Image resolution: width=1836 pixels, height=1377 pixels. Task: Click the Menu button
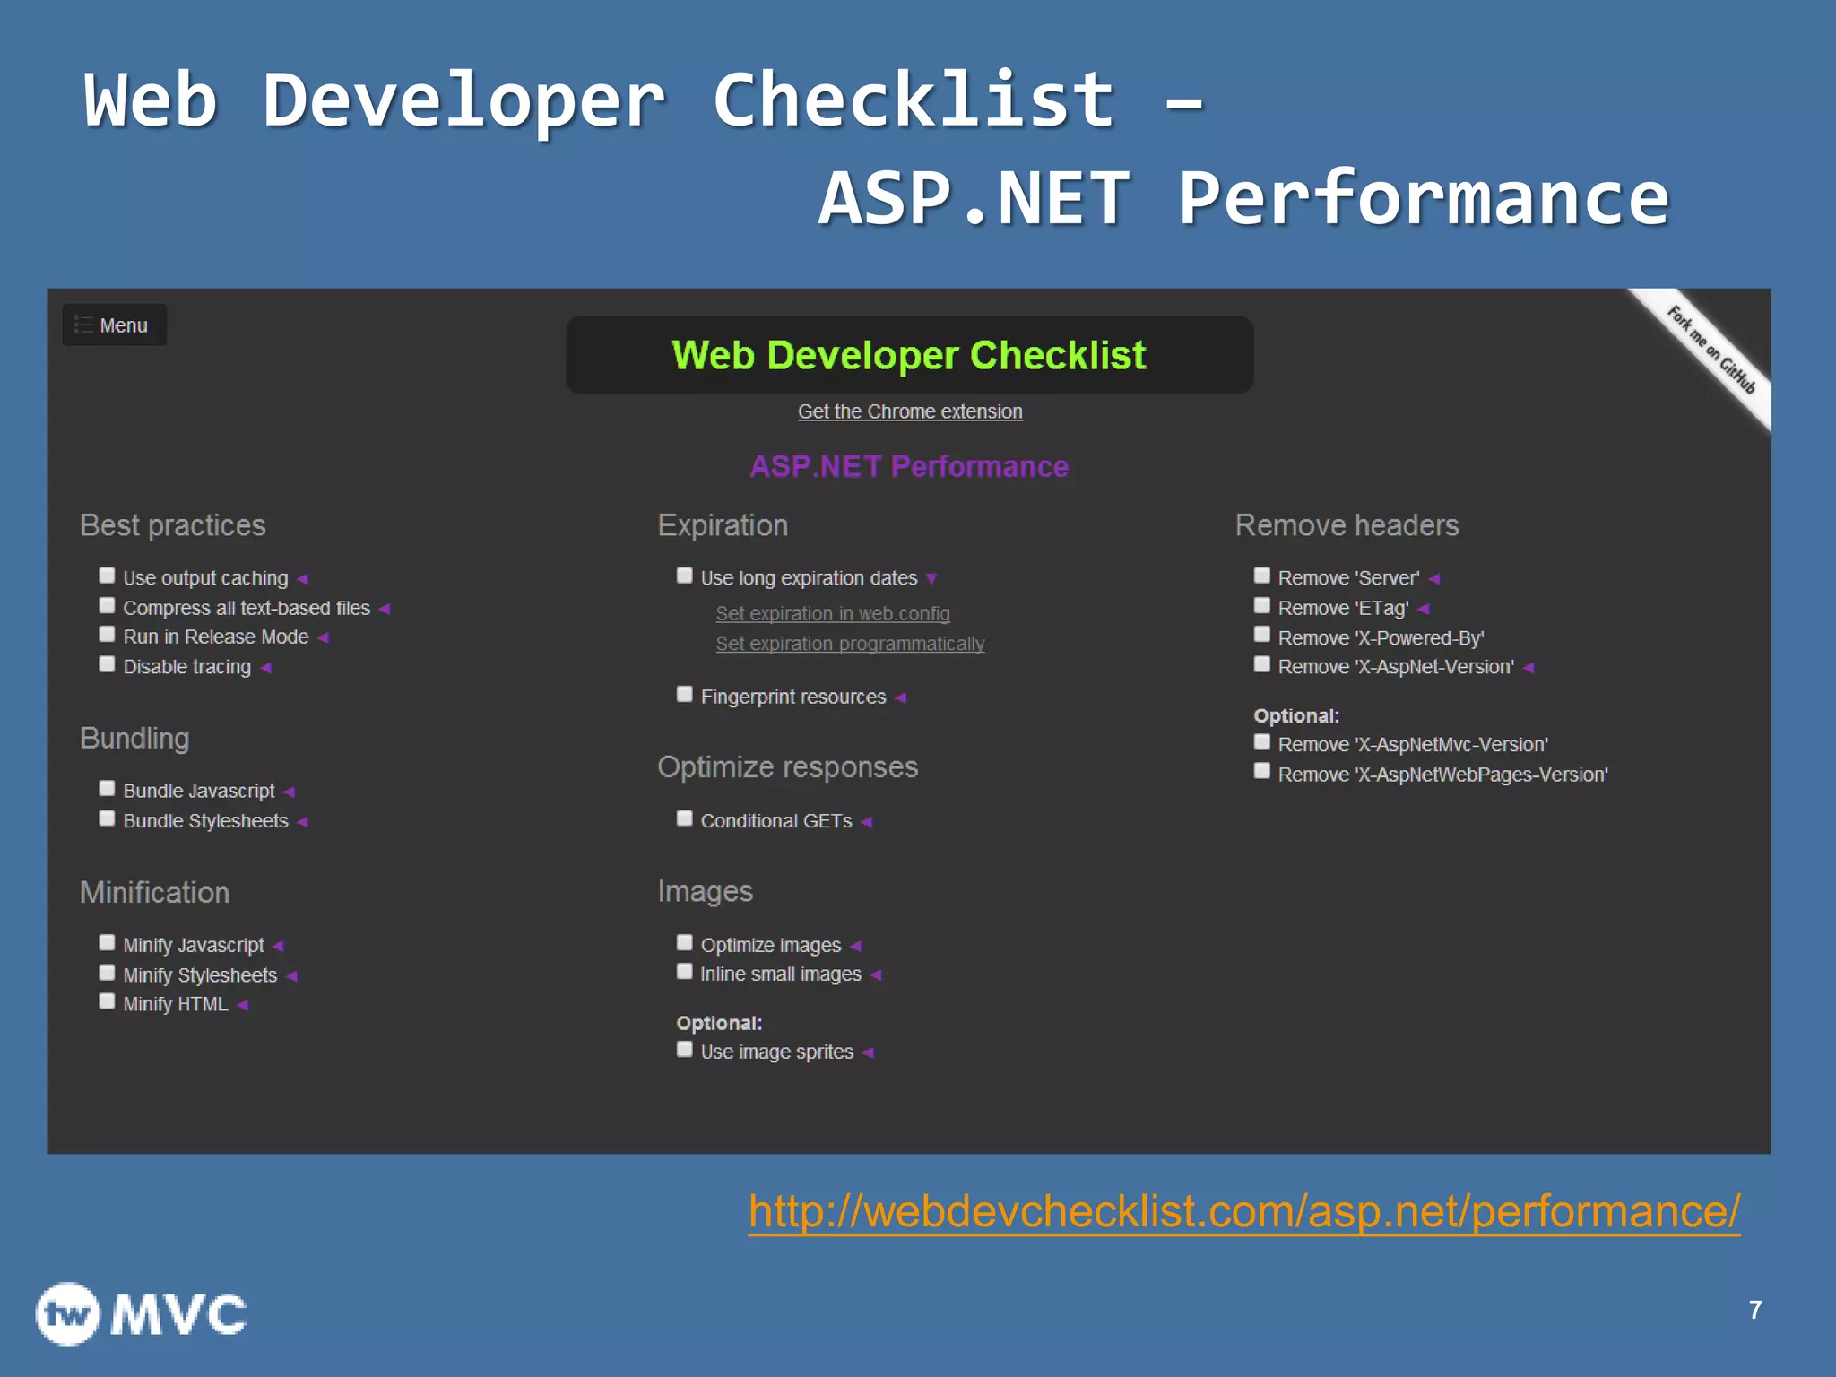click(114, 325)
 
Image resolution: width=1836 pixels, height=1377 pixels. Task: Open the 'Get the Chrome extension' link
click(910, 411)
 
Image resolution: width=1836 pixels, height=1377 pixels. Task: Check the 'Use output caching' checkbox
click(107, 576)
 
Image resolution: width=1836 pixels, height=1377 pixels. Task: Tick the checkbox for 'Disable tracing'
click(107, 664)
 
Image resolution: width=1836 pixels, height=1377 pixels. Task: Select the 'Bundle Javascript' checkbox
click(107, 789)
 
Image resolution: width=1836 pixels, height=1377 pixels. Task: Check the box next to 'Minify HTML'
click(107, 1002)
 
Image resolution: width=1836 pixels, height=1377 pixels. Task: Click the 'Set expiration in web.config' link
click(833, 614)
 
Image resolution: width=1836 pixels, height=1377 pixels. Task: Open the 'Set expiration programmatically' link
click(850, 644)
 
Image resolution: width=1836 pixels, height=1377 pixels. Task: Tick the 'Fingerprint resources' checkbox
click(685, 695)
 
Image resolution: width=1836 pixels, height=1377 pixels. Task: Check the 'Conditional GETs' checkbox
click(685, 818)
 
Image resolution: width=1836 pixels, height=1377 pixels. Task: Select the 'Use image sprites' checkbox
click(685, 1050)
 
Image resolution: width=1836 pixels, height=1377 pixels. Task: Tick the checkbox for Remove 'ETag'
click(1262, 606)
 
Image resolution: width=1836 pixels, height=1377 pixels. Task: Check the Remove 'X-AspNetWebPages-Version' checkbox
click(1262, 772)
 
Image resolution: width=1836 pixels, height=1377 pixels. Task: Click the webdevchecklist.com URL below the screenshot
click(1244, 1212)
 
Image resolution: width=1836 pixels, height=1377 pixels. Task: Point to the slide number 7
click(1755, 1311)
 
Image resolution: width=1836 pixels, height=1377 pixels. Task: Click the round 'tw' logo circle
click(67, 1314)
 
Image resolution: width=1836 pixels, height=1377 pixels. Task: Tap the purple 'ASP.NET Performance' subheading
click(909, 467)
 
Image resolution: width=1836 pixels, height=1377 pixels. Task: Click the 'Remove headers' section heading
click(1347, 525)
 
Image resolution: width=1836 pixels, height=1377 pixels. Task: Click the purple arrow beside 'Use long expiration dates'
click(932, 579)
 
